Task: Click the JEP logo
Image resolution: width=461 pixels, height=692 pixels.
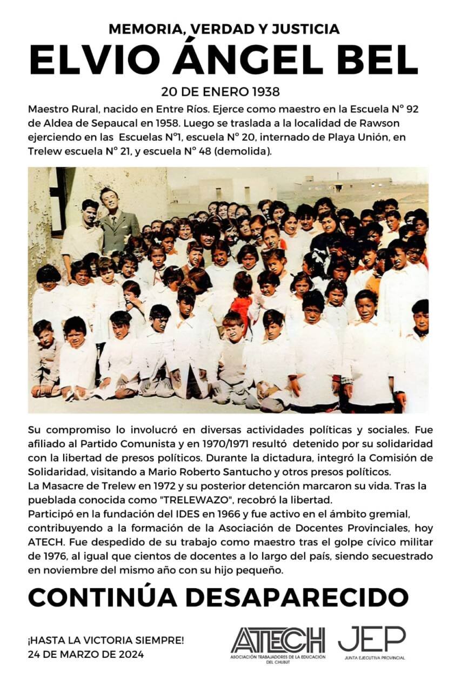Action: point(372,641)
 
